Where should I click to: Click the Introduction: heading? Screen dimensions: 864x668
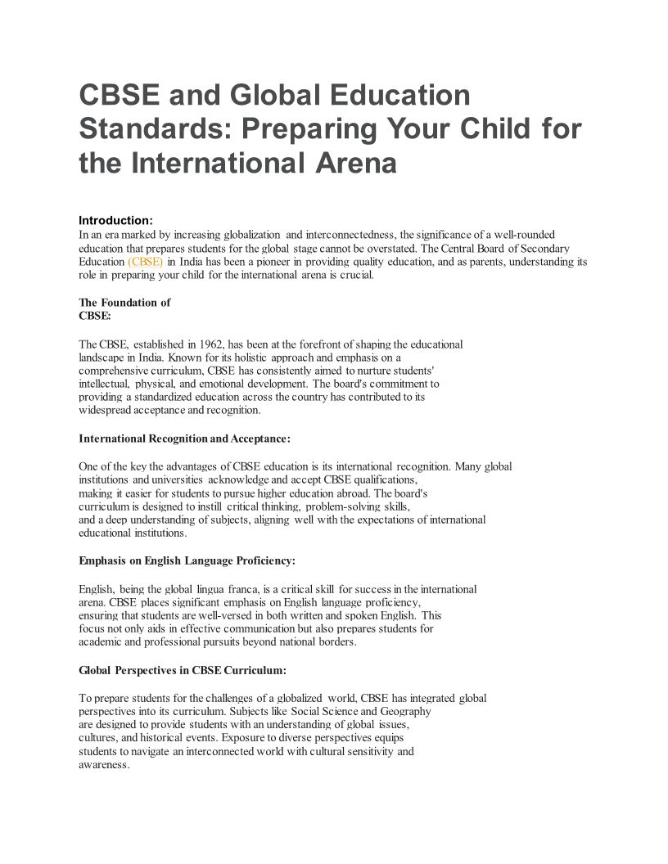pos(115,220)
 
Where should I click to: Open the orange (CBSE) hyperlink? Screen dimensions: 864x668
pos(146,262)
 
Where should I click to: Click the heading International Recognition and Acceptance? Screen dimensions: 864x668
pos(184,439)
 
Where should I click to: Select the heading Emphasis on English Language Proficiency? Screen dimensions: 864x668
pos(187,561)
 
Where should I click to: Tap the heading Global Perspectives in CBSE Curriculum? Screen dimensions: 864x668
pos(183,670)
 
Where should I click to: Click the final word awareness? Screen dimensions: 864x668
pos(104,764)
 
